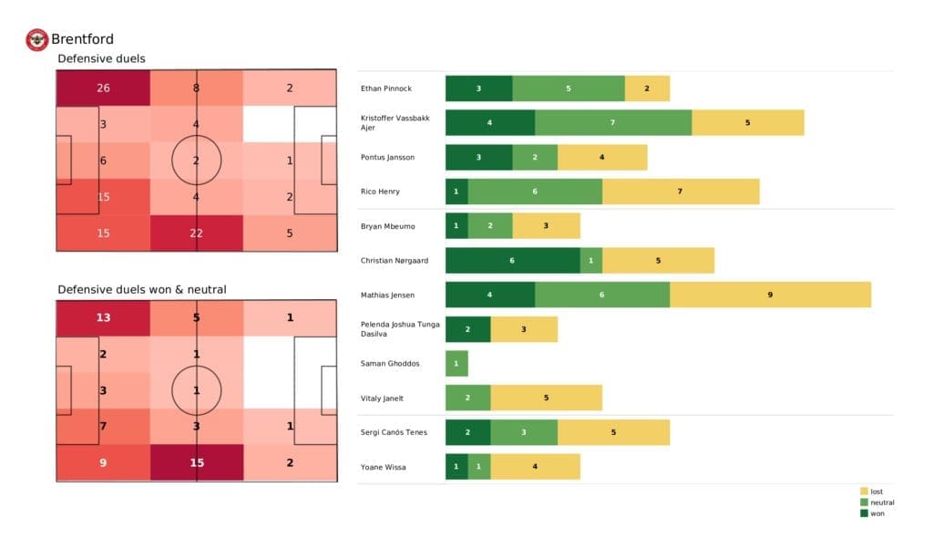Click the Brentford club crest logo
[37, 39]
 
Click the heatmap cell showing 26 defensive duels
[102, 88]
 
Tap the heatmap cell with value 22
[196, 233]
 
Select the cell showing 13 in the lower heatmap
[102, 317]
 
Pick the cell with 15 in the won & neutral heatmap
[196, 462]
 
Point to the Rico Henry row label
[382, 192]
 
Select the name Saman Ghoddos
[390, 364]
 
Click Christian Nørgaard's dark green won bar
[512, 261]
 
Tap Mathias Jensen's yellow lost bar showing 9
[770, 295]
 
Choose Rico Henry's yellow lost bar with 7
[681, 192]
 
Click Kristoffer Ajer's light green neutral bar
[613, 122]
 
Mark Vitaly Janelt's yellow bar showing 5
[546, 398]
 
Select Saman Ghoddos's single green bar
[456, 364]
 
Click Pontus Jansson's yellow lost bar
[602, 157]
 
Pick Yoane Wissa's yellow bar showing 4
[535, 467]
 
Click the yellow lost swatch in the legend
[865, 492]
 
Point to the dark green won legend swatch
[865, 513]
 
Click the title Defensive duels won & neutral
[142, 289]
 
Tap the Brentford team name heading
[82, 39]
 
